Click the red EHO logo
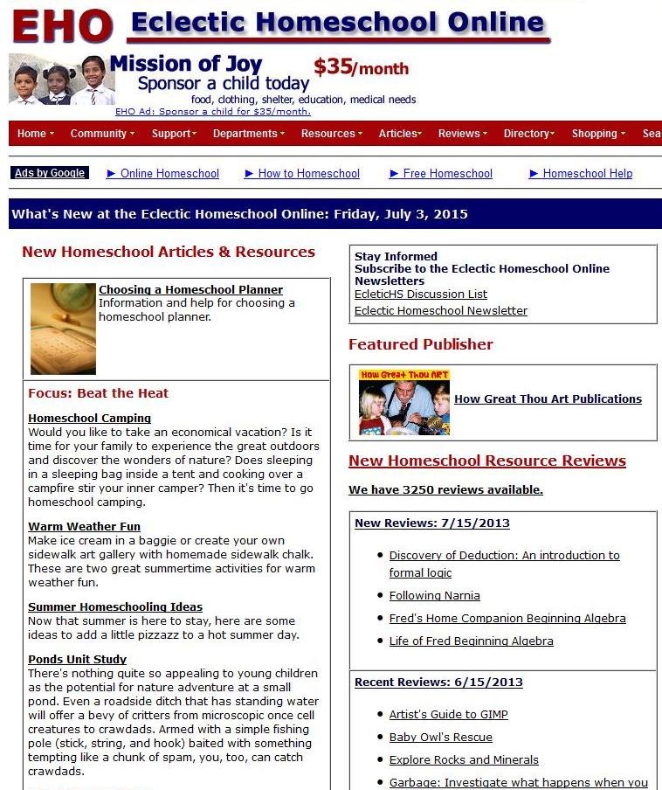[x=62, y=26]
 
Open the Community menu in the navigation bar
[x=101, y=134]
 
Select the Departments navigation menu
[x=248, y=134]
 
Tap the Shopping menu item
[x=597, y=134]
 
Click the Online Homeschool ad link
[x=169, y=174]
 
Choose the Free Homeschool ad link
[x=447, y=174]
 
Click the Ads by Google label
[x=50, y=173]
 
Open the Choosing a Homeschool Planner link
[x=190, y=289]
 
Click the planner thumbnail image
[x=63, y=329]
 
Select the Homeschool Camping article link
[x=89, y=418]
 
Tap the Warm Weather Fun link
[x=84, y=526]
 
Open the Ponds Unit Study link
[x=77, y=659]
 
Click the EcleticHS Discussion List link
[x=420, y=295]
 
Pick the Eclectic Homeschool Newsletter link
[x=440, y=310]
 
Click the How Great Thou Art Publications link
[x=548, y=399]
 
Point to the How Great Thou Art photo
[x=403, y=402]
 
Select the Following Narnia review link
[x=434, y=595]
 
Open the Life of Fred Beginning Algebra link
[x=471, y=641]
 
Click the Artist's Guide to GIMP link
[x=448, y=714]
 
